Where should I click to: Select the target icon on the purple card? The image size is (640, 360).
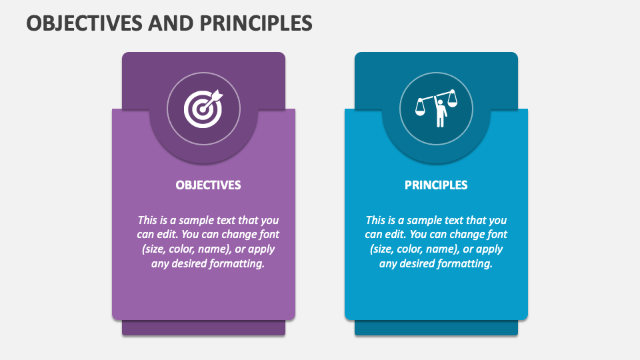203,108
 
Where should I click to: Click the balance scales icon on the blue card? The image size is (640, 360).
436,108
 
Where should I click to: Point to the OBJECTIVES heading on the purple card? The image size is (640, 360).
208,185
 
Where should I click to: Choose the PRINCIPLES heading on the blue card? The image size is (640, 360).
436,185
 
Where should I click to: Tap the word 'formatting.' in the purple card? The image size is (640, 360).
238,263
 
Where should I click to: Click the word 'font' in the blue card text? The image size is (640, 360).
497,235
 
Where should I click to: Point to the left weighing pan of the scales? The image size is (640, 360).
421,110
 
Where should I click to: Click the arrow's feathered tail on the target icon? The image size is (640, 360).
218,96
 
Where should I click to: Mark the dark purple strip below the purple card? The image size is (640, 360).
203,328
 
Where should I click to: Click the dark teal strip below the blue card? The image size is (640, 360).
436,328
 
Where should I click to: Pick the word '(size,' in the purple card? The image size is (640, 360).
155,249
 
